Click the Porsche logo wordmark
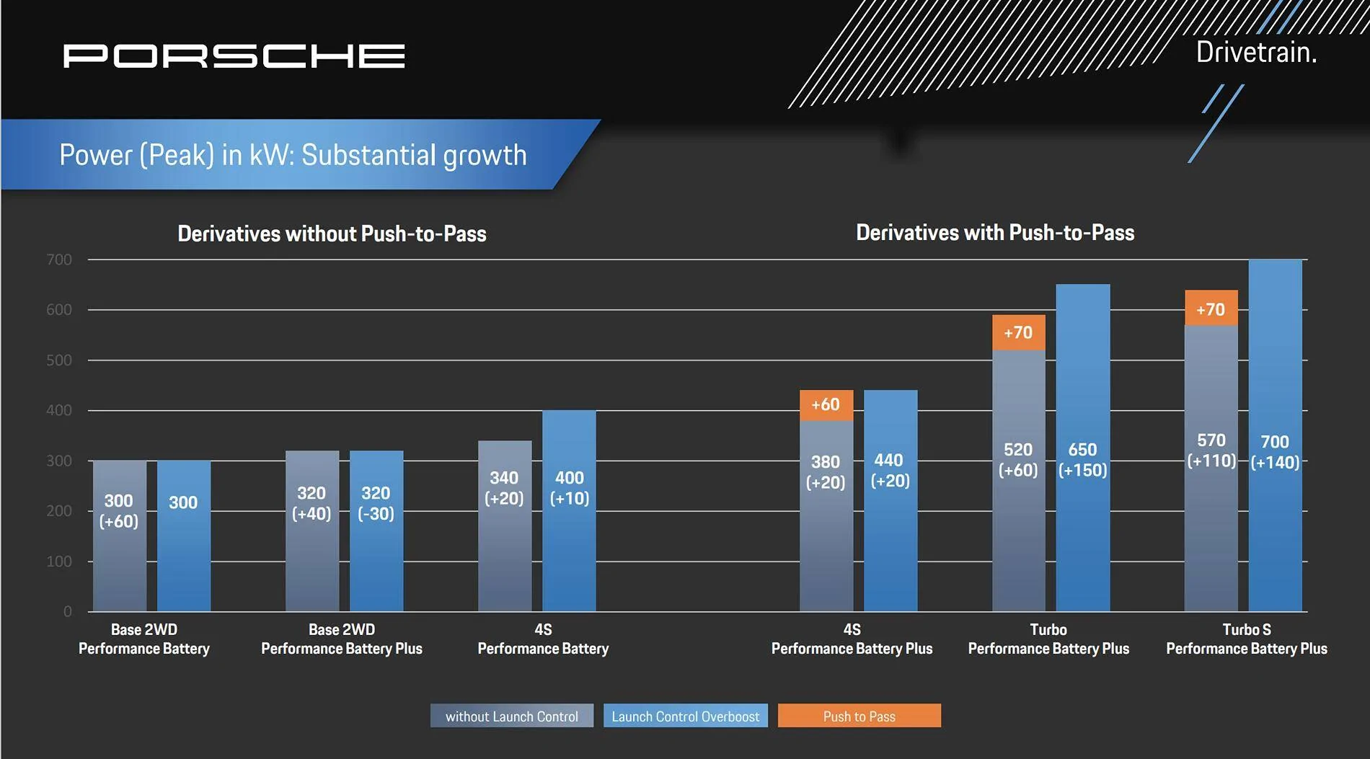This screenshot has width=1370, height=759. tap(234, 56)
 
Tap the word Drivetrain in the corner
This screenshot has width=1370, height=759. tap(1256, 52)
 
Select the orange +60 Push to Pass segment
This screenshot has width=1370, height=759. tap(826, 405)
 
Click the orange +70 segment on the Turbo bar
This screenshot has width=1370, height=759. tap(1018, 332)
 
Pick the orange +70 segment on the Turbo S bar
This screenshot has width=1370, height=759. tap(1211, 308)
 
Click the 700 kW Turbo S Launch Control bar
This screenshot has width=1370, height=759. tap(1275, 435)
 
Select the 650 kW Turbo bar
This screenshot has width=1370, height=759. tap(1082, 448)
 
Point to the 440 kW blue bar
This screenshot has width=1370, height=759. tap(890, 501)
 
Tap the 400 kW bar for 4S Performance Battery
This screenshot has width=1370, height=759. tap(569, 511)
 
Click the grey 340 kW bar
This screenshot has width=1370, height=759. tap(505, 526)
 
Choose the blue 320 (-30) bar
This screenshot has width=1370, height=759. tap(376, 531)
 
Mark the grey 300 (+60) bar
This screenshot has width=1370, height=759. tap(120, 536)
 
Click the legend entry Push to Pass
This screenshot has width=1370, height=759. tap(859, 716)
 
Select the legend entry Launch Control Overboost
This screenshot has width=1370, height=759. tap(685, 716)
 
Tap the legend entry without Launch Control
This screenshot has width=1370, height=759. tap(512, 716)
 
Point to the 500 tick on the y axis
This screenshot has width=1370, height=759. tap(59, 360)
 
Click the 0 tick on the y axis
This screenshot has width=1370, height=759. tap(68, 612)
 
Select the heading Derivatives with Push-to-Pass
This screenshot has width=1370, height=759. tap(995, 233)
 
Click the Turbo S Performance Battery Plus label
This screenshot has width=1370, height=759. tap(1247, 639)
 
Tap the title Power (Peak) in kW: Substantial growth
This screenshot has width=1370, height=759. tap(293, 155)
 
